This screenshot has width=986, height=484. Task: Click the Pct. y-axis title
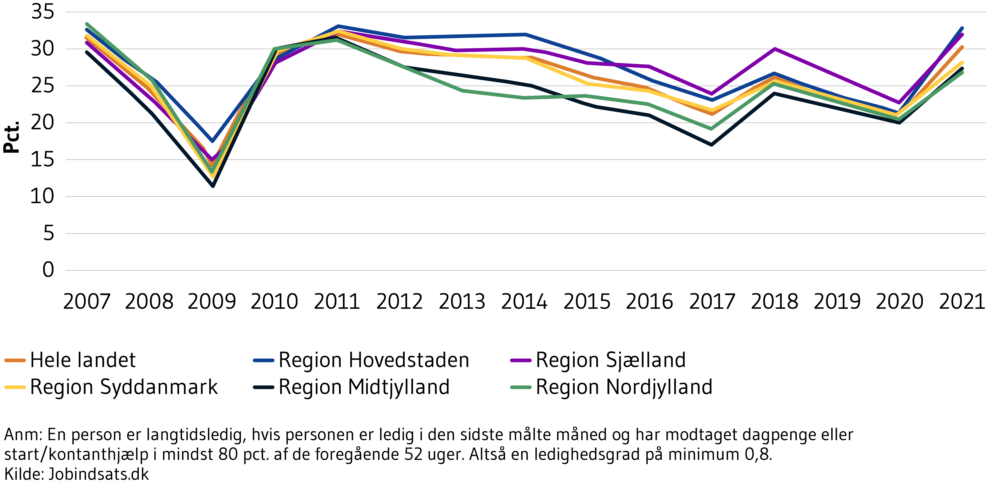pyautogui.click(x=11, y=137)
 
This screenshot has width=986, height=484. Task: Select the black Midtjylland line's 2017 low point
pyautogui.click(x=711, y=145)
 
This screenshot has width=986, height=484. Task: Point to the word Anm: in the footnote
pyautogui.click(x=23, y=435)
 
